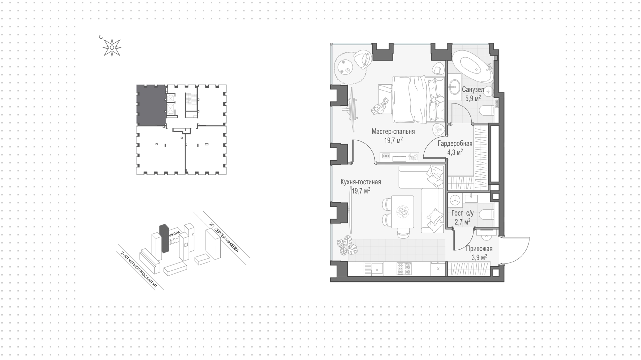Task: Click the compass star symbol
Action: point(112,48)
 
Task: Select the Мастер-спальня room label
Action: point(393,132)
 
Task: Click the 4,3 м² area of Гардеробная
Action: point(455,152)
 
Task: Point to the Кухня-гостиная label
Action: point(361,182)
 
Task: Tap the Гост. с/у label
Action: point(462,213)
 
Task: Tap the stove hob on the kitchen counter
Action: point(403,268)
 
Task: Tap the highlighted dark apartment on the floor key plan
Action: point(151,105)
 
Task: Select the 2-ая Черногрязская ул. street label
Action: point(139,271)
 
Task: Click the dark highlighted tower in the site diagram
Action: point(164,238)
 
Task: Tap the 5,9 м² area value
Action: point(473,98)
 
